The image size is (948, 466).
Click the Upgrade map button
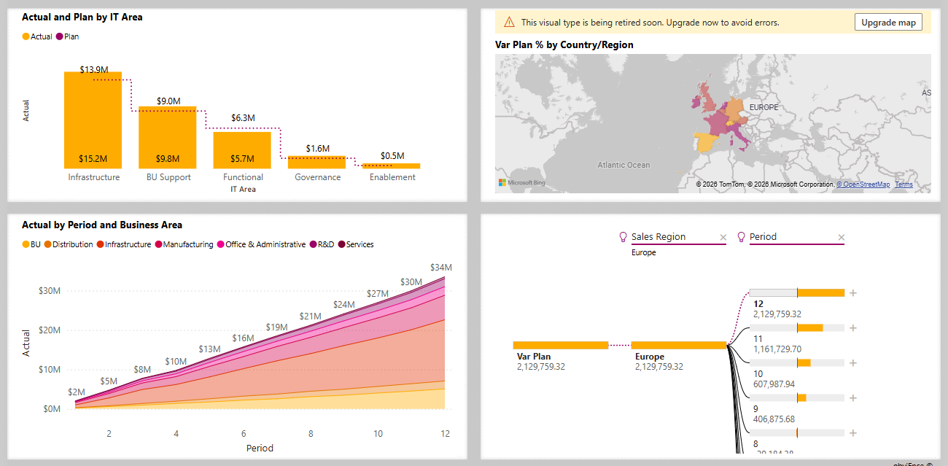(x=888, y=23)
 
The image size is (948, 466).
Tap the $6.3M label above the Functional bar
(x=243, y=117)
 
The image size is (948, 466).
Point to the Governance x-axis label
(x=317, y=177)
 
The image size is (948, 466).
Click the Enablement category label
(x=392, y=177)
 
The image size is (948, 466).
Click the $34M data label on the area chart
(x=441, y=267)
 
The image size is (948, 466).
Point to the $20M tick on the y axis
(x=49, y=330)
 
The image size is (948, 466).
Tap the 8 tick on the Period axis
(x=311, y=433)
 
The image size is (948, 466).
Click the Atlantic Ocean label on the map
(x=623, y=166)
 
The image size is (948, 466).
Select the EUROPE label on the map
(x=764, y=107)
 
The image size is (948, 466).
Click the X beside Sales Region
(x=723, y=237)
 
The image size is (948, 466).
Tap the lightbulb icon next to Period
(x=742, y=237)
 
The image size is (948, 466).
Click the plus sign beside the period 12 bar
(x=853, y=293)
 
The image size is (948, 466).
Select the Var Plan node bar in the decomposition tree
(x=560, y=346)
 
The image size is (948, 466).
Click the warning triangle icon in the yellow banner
(x=508, y=23)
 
